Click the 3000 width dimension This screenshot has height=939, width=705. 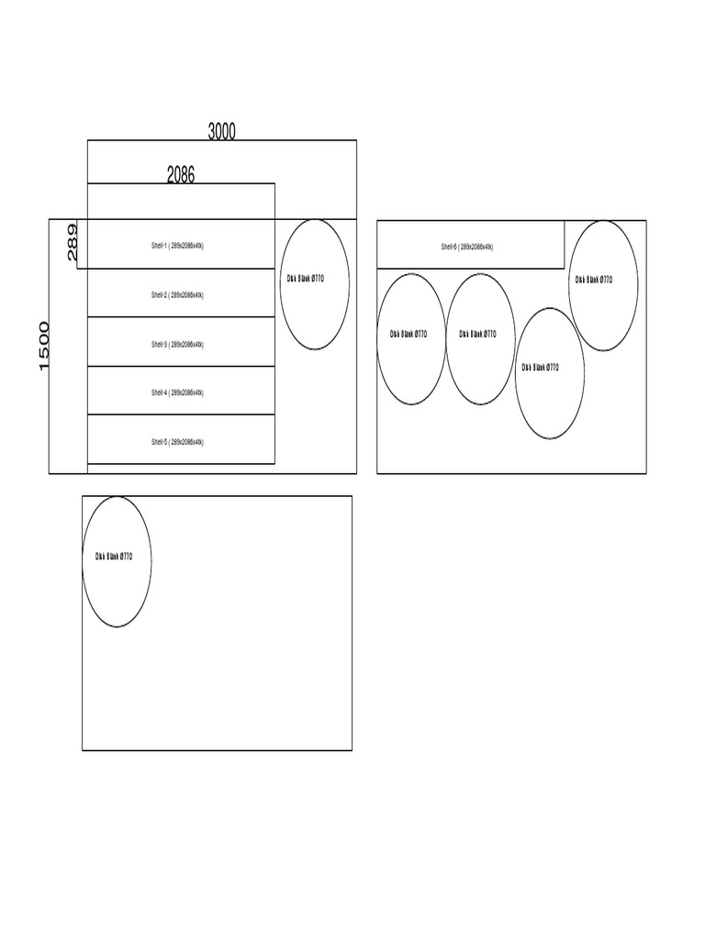tap(221, 131)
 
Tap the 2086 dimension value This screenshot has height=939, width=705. tap(181, 174)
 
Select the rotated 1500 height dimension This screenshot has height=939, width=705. tap(45, 346)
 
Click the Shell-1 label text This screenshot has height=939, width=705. tap(178, 246)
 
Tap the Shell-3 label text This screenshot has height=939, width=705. tap(178, 344)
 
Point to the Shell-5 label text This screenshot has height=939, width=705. tap(178, 441)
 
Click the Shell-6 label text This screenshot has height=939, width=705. tap(467, 247)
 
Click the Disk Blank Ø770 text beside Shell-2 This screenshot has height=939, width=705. tap(306, 278)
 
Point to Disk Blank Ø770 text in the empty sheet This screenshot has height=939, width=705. tap(114, 556)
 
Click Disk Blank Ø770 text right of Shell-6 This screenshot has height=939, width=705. tap(594, 280)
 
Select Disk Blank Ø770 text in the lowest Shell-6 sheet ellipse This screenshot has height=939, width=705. tap(541, 367)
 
